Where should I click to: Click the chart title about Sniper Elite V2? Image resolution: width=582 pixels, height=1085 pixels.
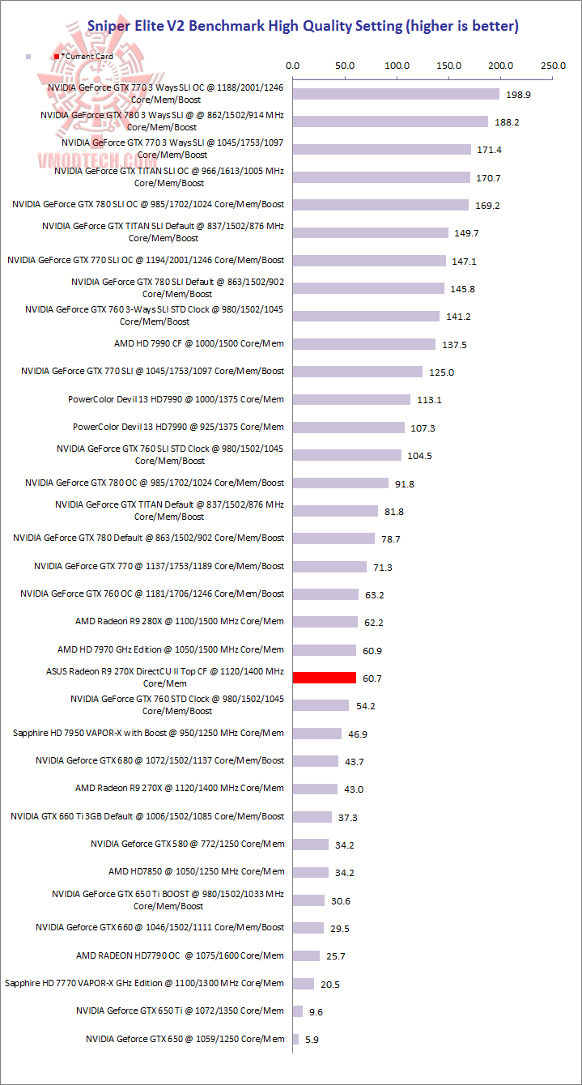304,27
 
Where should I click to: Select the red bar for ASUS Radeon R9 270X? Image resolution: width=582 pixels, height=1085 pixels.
324,678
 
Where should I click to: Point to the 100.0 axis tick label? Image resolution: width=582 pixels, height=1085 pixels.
397,66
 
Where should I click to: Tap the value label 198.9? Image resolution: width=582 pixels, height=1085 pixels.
517,95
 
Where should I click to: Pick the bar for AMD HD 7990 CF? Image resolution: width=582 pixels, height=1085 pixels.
363,344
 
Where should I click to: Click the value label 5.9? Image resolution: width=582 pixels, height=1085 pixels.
312,1039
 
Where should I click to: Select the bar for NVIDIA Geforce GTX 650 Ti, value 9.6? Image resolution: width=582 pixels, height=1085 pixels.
297,1011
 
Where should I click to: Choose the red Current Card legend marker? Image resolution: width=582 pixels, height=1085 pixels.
56,57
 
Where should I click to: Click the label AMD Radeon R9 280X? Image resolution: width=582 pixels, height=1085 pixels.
179,622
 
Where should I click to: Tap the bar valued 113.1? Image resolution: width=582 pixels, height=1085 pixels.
351,400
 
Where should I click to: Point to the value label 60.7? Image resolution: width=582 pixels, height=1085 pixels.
372,678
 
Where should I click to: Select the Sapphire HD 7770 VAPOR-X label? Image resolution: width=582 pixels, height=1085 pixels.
144,983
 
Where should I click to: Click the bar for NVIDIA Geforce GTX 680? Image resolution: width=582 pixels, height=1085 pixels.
315,761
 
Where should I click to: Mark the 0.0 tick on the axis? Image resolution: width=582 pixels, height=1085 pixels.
293,66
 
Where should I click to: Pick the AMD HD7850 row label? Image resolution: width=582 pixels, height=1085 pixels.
196,872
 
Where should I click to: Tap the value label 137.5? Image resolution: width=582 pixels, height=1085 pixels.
454,345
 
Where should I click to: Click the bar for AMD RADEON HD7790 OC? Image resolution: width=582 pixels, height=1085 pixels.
306,955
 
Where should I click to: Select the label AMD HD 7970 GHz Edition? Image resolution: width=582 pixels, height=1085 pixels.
171,649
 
